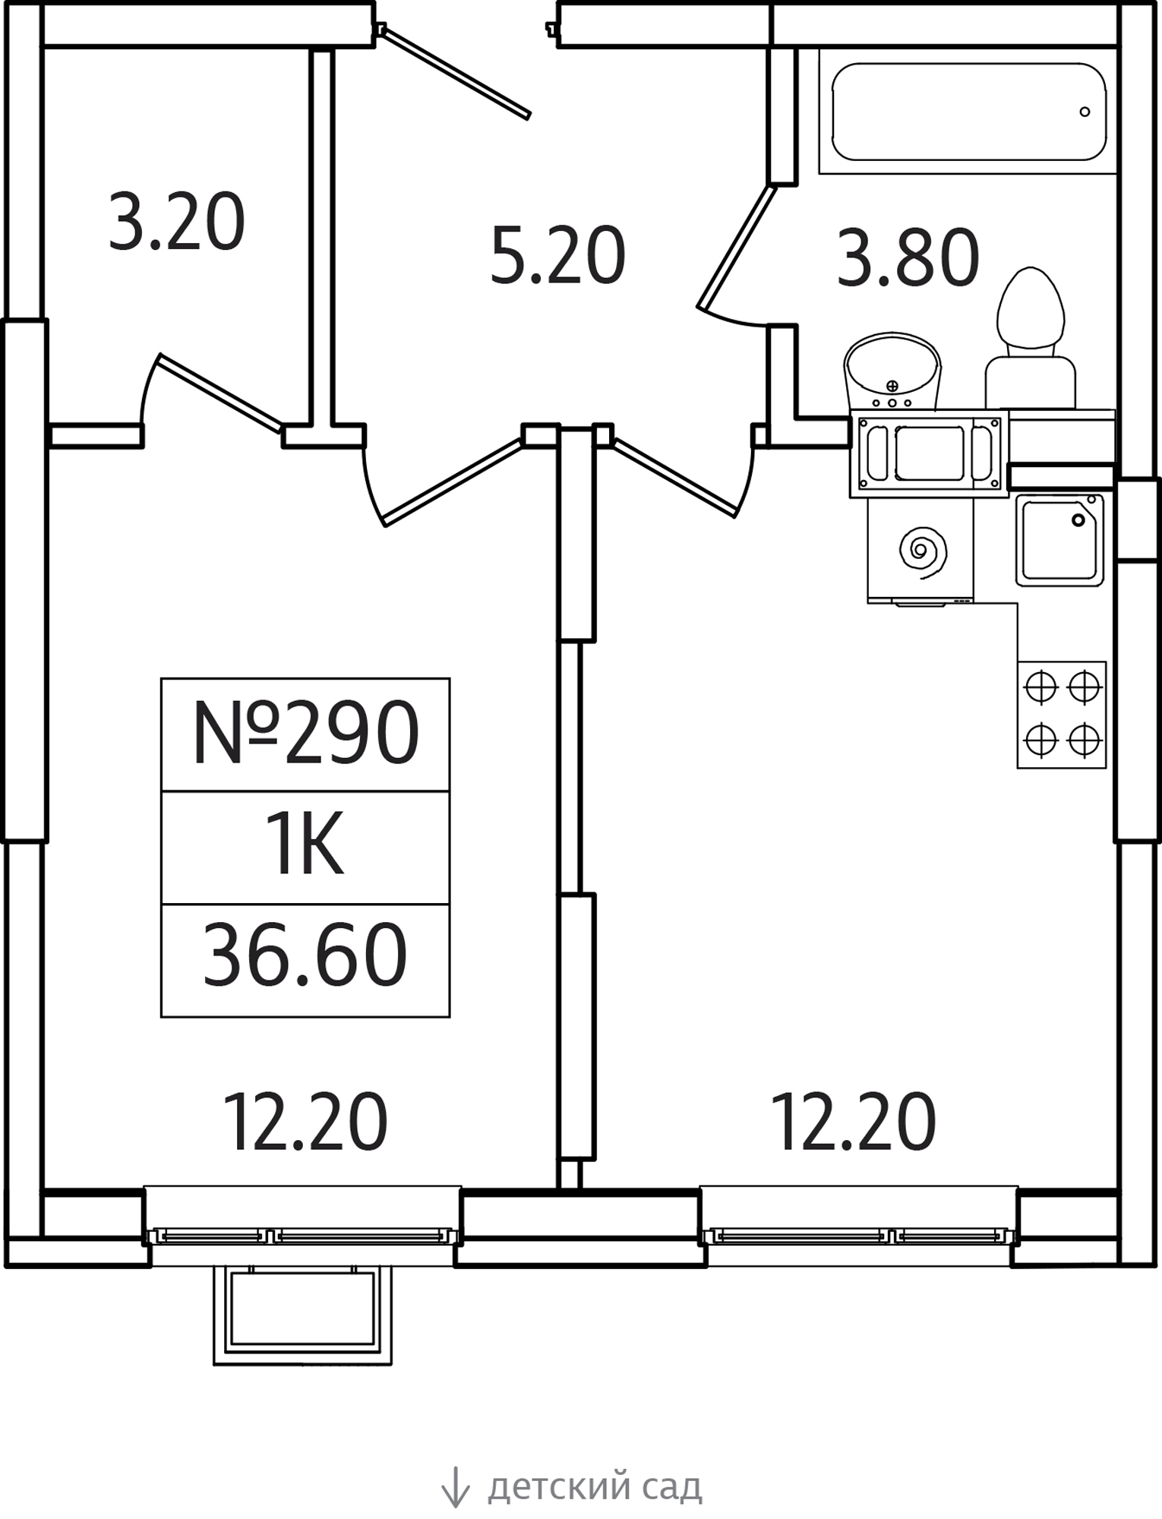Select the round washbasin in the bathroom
(x=892, y=371)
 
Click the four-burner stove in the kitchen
(x=1062, y=714)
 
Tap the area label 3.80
(x=908, y=258)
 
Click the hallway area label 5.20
(x=557, y=256)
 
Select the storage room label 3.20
(x=176, y=221)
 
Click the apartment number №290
(x=305, y=732)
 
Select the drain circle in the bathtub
(x=1085, y=112)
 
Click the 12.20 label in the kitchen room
(x=853, y=1123)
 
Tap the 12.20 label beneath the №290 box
(x=305, y=1123)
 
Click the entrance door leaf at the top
(x=453, y=71)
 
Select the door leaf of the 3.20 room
(x=219, y=393)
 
